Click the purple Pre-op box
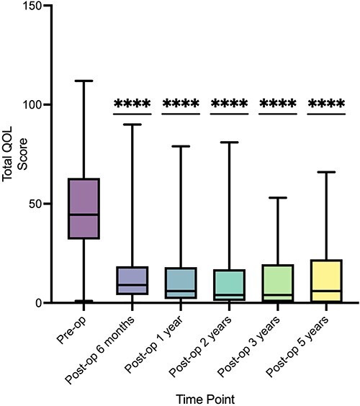84,208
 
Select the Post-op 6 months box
132,281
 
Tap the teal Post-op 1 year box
180,283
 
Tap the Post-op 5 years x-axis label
296,344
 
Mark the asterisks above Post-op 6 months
132,105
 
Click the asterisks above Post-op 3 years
278,105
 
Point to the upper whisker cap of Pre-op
84,81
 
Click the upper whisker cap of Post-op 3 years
278,197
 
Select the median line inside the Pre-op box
84,215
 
